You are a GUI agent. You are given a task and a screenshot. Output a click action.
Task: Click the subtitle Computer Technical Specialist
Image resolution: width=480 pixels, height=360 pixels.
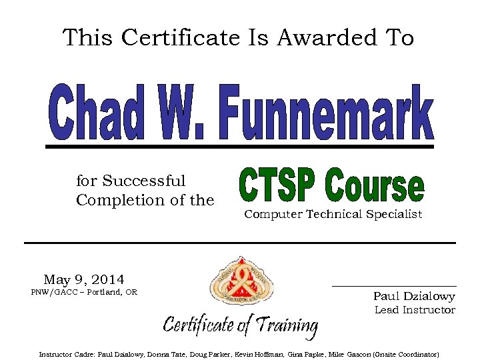point(333,215)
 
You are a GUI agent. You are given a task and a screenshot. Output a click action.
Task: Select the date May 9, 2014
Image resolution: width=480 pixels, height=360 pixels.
point(84,279)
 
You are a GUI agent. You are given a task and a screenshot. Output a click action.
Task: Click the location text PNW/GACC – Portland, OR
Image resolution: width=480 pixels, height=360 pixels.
point(84,292)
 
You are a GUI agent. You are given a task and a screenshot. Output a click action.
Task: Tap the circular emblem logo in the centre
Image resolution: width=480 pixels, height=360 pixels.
point(241,284)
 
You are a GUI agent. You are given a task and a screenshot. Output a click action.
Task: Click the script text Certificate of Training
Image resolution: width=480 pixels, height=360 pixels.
point(241,326)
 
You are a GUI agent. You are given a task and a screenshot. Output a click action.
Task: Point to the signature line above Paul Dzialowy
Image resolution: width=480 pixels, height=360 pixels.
point(394,286)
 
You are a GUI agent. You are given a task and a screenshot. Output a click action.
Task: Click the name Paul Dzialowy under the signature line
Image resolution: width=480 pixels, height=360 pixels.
point(414,297)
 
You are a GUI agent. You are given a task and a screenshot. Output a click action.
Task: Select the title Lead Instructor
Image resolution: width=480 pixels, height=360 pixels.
point(415,310)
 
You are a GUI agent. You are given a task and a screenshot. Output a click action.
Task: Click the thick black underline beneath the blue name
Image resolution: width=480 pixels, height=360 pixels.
point(239,146)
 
